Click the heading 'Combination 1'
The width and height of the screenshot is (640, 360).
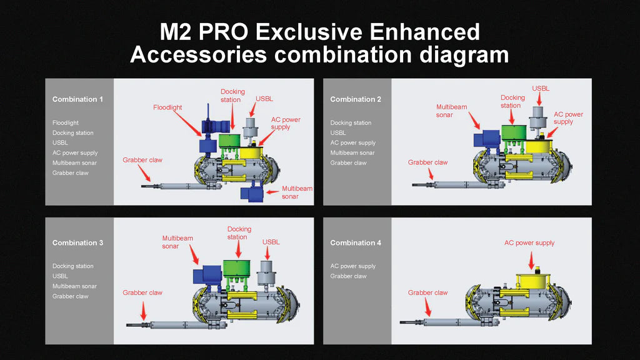click(77, 99)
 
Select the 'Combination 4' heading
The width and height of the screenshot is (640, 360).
click(356, 242)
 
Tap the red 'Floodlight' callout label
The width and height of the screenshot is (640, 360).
click(167, 107)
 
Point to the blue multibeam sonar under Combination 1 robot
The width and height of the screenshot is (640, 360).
click(252, 193)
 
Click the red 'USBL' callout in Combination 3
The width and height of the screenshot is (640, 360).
click(271, 242)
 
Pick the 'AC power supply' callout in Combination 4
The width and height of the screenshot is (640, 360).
click(529, 242)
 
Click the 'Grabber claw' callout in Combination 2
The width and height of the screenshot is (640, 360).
click(427, 162)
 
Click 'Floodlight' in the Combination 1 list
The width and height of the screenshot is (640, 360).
click(66, 123)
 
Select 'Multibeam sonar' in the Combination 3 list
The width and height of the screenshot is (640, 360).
click(74, 286)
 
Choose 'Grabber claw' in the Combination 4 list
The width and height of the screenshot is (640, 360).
click(348, 276)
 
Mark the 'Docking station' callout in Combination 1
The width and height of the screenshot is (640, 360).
click(232, 96)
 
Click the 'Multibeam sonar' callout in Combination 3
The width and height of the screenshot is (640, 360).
click(177, 242)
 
